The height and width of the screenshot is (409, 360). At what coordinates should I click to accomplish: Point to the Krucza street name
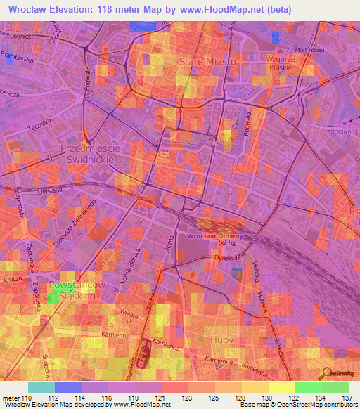pyautogui.click(x=13, y=280)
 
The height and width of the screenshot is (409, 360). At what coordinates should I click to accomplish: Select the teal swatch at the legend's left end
pyautogui.click(x=41, y=387)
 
